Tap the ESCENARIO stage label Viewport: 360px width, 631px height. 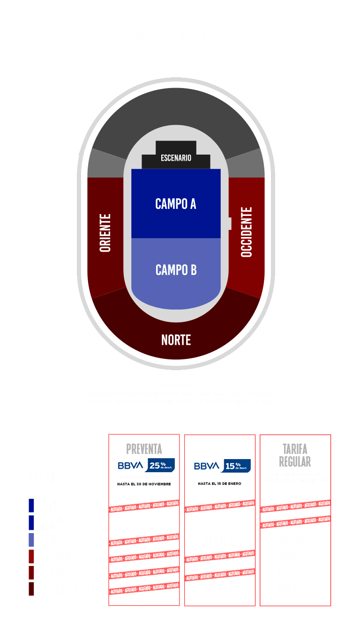[x=176, y=158]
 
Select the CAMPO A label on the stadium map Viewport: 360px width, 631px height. [x=176, y=204]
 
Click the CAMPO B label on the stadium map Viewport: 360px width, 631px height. [x=176, y=270]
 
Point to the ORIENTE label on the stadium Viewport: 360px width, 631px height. [x=105, y=233]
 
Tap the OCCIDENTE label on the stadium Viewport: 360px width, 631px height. [x=247, y=232]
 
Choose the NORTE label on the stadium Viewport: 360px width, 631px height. [x=176, y=340]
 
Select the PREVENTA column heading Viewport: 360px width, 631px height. [x=144, y=449]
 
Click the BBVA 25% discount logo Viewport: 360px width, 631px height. [x=144, y=465]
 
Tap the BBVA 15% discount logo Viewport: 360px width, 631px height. [x=220, y=466]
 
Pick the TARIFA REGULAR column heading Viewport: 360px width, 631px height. [x=295, y=454]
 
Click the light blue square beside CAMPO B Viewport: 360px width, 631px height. [x=31, y=540]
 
